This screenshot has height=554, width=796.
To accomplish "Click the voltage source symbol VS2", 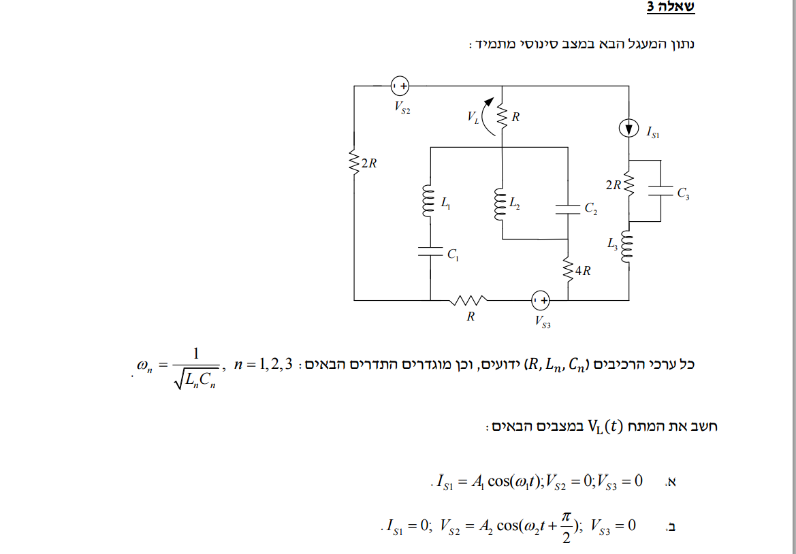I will click(400, 86).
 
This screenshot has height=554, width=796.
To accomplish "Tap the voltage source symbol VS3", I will click(541, 299).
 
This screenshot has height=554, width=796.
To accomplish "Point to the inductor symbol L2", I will click(501, 202).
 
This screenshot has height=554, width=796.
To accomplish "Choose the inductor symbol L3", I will click(628, 247).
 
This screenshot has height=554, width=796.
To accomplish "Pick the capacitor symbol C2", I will click(568, 208).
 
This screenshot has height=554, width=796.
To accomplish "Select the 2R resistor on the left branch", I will click(354, 163).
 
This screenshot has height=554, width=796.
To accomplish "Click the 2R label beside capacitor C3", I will click(613, 184).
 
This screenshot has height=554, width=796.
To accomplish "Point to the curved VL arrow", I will click(487, 116).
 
